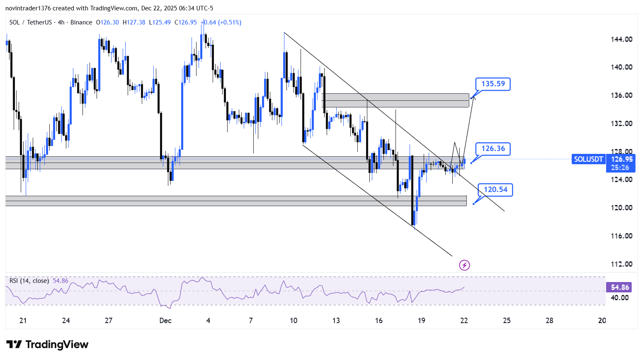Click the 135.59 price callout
point(493,84)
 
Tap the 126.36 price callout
point(493,148)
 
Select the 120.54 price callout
point(495,190)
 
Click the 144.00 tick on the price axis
point(621,39)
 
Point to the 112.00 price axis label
point(621,264)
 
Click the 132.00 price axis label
point(621,124)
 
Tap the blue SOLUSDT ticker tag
point(588,159)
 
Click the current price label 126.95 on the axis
point(621,159)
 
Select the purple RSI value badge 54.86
point(620,287)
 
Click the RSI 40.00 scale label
point(620,298)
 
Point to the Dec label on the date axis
point(165,321)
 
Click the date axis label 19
point(421,321)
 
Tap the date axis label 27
point(109,321)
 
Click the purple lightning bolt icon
point(464,265)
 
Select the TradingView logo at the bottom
point(47,345)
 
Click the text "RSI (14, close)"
point(29,281)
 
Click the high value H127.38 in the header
point(134,22)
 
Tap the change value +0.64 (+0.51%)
point(221,22)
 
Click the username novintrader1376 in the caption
point(28,8)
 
